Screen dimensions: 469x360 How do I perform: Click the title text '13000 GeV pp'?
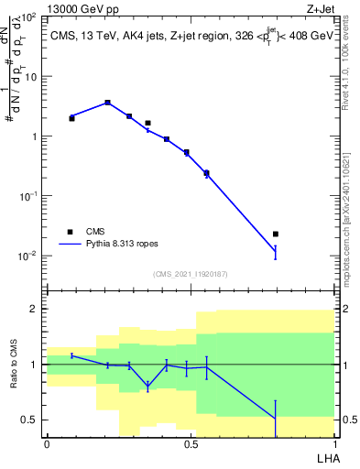(x=79, y=8)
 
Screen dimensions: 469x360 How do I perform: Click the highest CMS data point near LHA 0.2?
(x=107, y=103)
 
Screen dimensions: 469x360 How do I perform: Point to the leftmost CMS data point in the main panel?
(x=72, y=118)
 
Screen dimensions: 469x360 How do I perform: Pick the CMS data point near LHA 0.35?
(x=147, y=123)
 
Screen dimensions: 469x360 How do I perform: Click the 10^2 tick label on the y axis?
(x=27, y=17)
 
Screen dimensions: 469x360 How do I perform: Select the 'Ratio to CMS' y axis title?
(x=12, y=365)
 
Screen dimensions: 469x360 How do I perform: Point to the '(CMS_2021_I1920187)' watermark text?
(x=191, y=274)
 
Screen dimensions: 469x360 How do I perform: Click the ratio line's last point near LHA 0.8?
(x=276, y=419)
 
